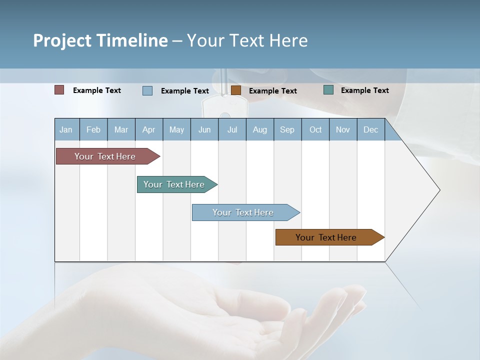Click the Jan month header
coord(66,129)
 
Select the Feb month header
coord(93,129)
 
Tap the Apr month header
coord(148,129)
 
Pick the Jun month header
coord(204,129)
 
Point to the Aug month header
coord(259,129)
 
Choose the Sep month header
coord(287,129)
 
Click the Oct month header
coord(315,129)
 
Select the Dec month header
coord(370,129)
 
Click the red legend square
coord(59,90)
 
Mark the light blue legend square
coord(147,90)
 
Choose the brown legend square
coord(236,90)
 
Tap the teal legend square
coord(328,90)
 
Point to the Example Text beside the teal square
coord(364,90)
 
